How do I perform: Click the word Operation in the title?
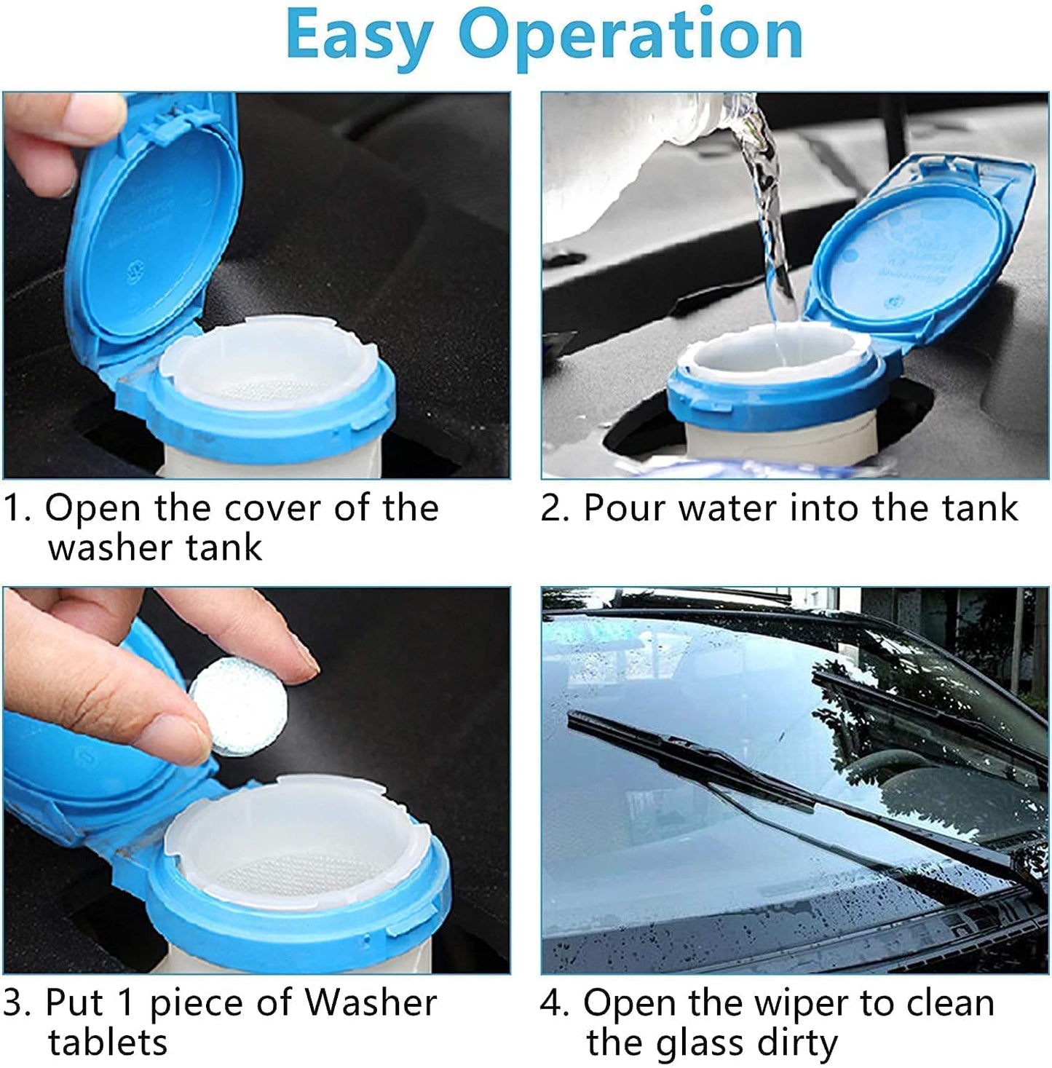point(630,35)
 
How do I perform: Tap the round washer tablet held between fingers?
point(240,705)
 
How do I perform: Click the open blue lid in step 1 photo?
point(157,226)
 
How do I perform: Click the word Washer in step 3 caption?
point(371,1003)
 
